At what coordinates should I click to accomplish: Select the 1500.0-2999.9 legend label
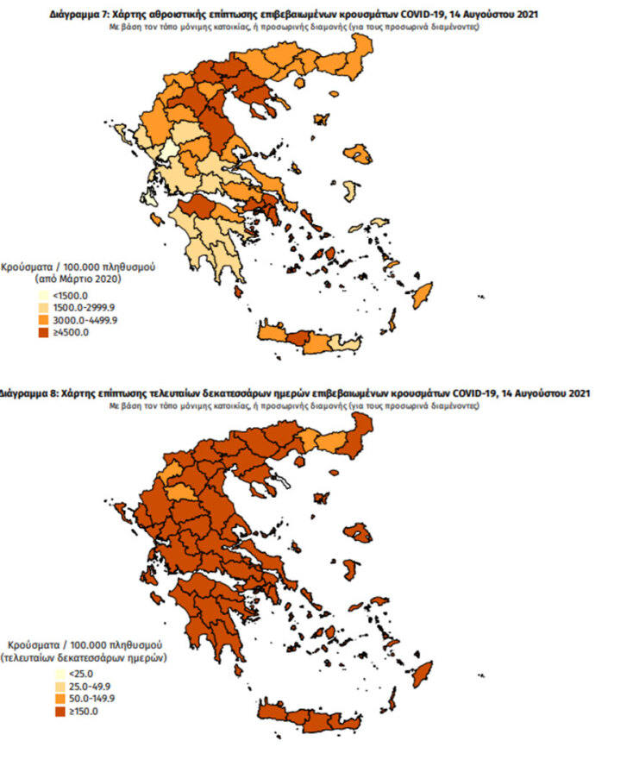[85, 308]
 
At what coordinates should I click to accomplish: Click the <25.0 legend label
[74, 674]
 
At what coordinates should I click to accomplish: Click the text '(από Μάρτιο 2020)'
[76, 280]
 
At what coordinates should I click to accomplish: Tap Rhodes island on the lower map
[422, 674]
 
